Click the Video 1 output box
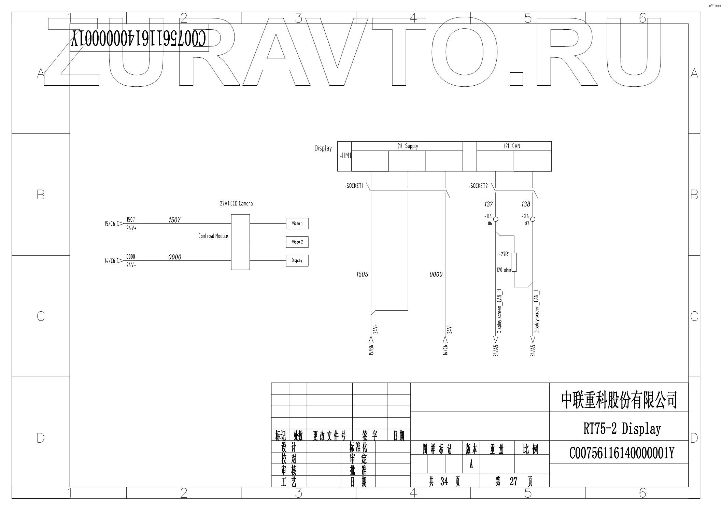(x=297, y=224)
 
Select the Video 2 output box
(x=297, y=242)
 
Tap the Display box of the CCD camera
(x=297, y=260)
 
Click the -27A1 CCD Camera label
(x=235, y=203)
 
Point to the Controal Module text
(x=213, y=236)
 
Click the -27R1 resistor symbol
(x=514, y=262)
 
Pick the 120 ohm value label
(x=504, y=270)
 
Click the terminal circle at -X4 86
(x=496, y=219)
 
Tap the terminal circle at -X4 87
(x=533, y=219)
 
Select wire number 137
(x=489, y=204)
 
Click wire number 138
(x=525, y=204)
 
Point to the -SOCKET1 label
(x=354, y=186)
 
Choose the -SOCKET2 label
(x=478, y=186)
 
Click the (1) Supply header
(x=407, y=146)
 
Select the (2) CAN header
(x=512, y=146)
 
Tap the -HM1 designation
(x=345, y=156)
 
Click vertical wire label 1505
(x=362, y=274)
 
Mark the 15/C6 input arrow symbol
(x=120, y=224)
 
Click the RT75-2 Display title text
(x=622, y=429)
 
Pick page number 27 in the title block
(x=513, y=482)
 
